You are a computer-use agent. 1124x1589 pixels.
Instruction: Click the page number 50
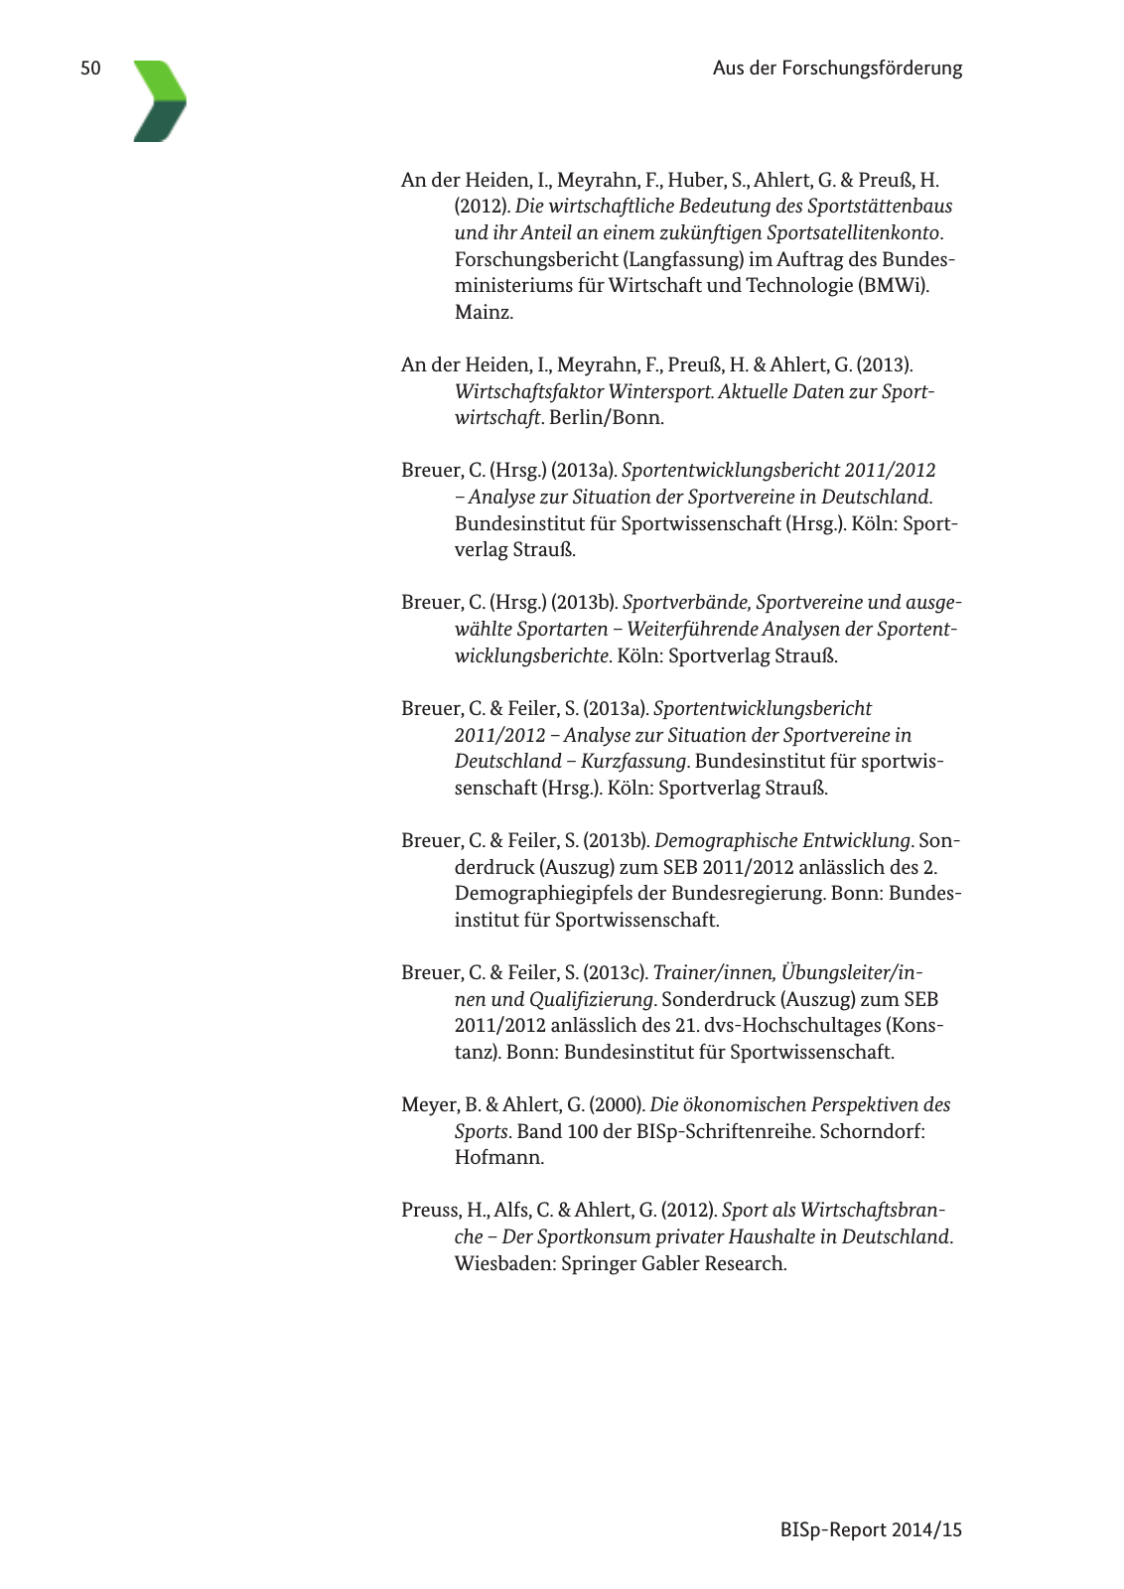tap(90, 69)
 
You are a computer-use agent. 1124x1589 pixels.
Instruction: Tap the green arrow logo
tap(160, 100)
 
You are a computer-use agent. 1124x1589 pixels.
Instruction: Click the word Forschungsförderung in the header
tap(872, 69)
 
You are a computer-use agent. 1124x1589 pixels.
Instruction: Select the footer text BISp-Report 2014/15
tap(871, 1529)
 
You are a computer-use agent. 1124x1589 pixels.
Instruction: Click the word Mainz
tap(484, 312)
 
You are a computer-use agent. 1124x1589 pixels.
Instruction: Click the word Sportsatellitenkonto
tap(853, 232)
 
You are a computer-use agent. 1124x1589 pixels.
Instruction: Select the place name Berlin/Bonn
tap(606, 417)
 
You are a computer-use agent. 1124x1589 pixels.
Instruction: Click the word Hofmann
tap(498, 1157)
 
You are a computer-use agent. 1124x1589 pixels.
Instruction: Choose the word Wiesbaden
tap(504, 1263)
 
